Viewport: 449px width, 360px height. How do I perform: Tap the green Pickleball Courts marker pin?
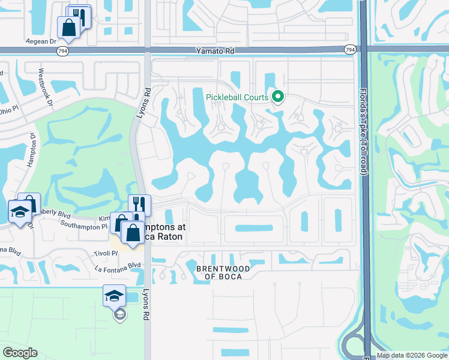tap(278, 96)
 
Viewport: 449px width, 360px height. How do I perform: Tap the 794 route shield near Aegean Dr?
tap(62, 52)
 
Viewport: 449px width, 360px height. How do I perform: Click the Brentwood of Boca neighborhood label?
tap(219, 272)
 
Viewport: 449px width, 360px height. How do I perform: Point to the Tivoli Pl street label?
tap(106, 254)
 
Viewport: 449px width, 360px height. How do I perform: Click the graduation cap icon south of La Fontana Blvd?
tap(114, 296)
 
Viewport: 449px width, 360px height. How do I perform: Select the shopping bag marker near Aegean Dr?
tap(68, 27)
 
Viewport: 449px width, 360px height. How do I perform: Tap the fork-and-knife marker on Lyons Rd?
tap(139, 205)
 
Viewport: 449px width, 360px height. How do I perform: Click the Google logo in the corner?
tap(20, 352)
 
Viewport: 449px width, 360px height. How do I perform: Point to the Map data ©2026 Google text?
tap(411, 356)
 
